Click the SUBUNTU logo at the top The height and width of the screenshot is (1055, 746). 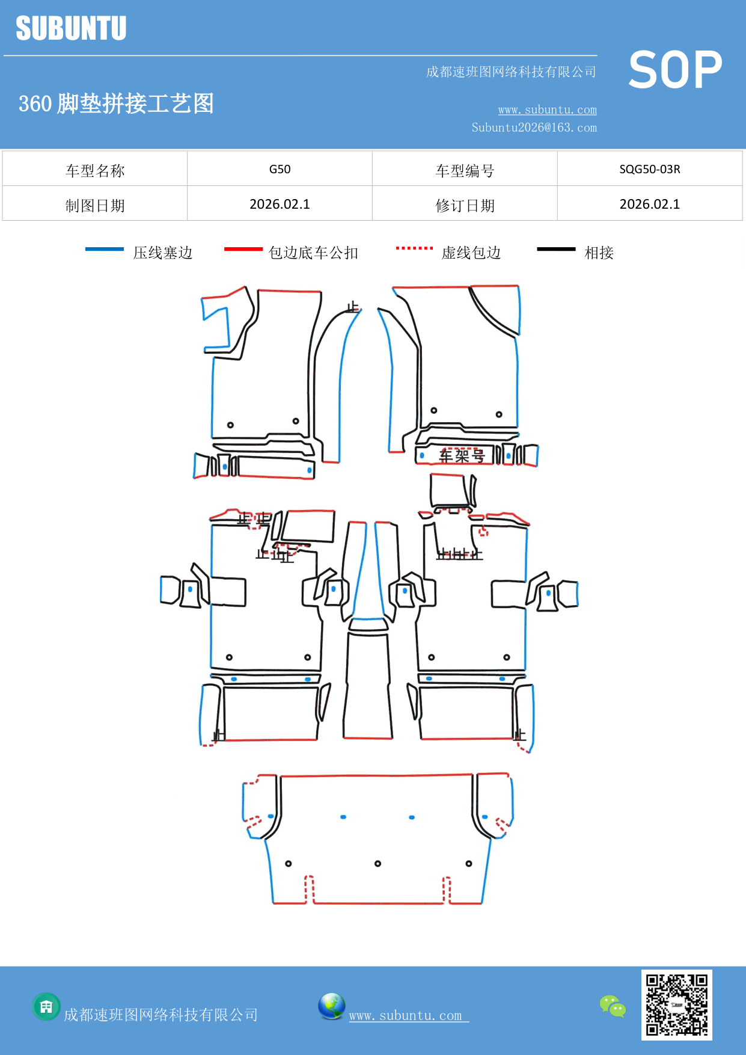[x=71, y=28]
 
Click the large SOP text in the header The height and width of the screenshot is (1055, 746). [x=675, y=70]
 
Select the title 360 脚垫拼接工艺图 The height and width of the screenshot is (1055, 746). [x=116, y=103]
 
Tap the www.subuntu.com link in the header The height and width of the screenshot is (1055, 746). [x=547, y=109]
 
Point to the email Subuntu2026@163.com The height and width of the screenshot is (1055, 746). [x=534, y=128]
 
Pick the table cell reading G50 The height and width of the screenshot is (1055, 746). [x=280, y=169]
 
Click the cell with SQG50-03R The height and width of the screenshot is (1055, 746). [x=649, y=169]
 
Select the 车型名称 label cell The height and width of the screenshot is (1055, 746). [x=95, y=171]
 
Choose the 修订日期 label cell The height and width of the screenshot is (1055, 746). [x=465, y=206]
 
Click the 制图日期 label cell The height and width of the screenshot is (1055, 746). [x=95, y=206]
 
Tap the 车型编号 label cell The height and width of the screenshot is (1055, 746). [x=465, y=171]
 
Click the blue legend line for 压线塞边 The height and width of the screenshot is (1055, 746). [x=105, y=249]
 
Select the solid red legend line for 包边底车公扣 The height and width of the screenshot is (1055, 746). [x=243, y=249]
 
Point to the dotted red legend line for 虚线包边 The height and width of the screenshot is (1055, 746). [x=414, y=248]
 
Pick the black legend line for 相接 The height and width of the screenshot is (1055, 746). [x=556, y=249]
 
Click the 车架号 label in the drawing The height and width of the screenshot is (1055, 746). [x=462, y=456]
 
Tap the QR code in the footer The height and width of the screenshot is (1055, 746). [x=676, y=1004]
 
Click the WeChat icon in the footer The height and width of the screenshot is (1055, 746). [x=613, y=1006]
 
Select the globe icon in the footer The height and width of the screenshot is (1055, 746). [x=331, y=1006]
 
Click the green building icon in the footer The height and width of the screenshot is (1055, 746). [x=46, y=1006]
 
